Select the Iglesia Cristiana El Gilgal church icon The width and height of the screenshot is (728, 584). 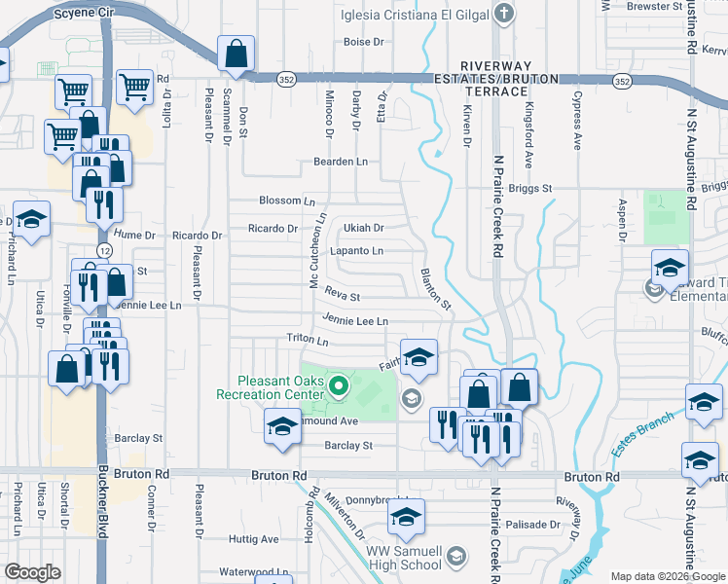pos(503,14)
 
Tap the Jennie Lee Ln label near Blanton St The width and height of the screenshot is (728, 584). pos(355,320)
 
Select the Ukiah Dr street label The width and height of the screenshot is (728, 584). pos(364,228)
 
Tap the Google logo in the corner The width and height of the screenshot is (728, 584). pos(31,572)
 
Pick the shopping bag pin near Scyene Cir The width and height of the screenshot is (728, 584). pos(237,56)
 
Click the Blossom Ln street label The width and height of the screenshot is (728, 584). pos(287,201)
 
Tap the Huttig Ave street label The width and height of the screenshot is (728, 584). pos(254,538)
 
